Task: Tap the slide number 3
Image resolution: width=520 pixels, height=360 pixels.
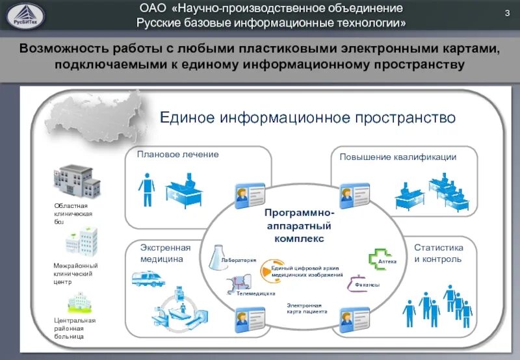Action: click(x=506, y=14)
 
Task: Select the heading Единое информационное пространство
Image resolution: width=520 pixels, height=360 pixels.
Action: click(x=308, y=118)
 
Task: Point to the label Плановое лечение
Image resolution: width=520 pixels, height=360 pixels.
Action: click(x=177, y=155)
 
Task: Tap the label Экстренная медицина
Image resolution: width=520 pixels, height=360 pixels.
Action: click(x=165, y=253)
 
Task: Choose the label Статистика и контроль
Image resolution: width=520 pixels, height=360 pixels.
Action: click(x=439, y=253)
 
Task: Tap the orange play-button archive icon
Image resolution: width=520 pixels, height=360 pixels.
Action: click(x=265, y=271)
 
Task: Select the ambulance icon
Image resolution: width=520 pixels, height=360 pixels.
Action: click(x=147, y=279)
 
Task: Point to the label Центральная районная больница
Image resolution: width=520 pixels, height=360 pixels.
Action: click(x=75, y=328)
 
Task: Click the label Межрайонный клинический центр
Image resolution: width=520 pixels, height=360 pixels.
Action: click(x=75, y=274)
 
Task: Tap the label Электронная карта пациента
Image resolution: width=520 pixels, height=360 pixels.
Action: click(x=307, y=308)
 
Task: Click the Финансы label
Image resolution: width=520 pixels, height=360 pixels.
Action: click(x=367, y=285)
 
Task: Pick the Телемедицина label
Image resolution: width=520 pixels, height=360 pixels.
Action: click(x=255, y=294)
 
